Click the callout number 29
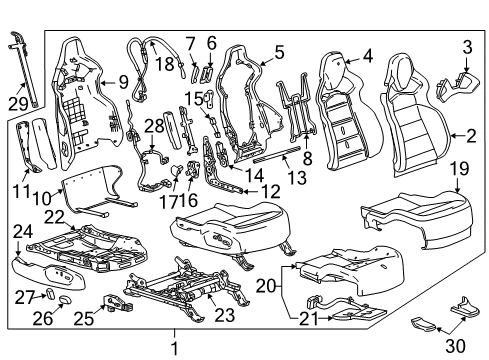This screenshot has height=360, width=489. (x=18, y=103)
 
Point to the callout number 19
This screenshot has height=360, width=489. (x=459, y=170)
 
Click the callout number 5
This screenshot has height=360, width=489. (x=279, y=51)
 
